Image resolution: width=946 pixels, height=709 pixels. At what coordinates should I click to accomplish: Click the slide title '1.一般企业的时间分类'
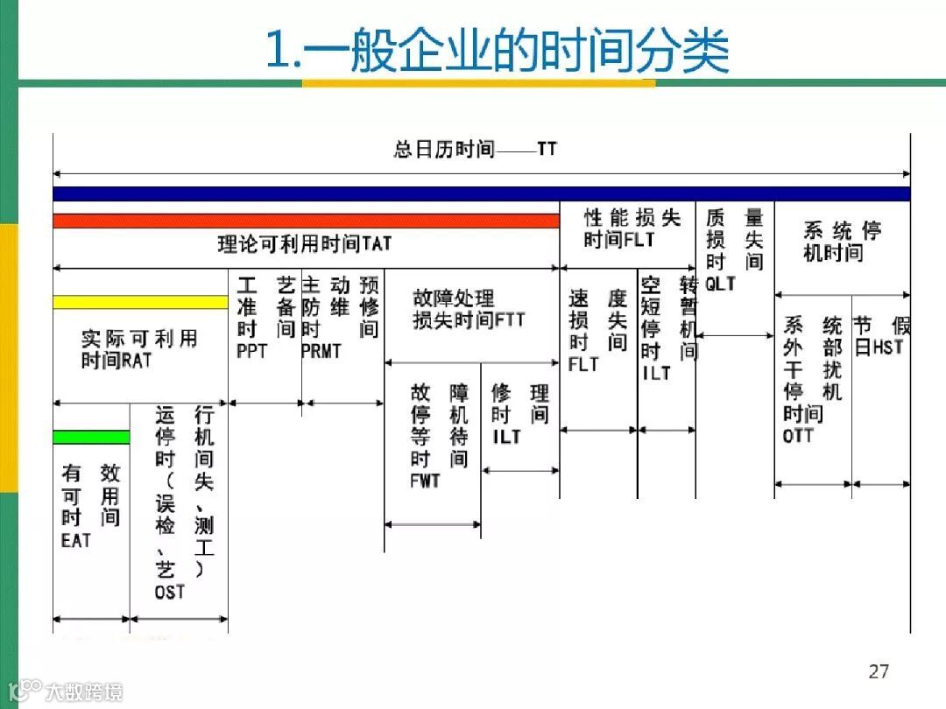tap(497, 50)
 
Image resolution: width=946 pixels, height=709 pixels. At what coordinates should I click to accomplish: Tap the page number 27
tap(879, 671)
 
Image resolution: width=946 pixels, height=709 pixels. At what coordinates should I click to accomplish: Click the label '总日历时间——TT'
tap(475, 149)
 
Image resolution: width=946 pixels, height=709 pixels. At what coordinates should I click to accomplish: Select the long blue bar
tap(482, 193)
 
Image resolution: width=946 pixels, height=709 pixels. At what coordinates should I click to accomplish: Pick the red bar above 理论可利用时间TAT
tap(306, 221)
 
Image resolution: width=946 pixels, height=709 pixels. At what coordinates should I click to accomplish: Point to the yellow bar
tap(140, 302)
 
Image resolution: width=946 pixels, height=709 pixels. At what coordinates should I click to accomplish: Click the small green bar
tap(91, 437)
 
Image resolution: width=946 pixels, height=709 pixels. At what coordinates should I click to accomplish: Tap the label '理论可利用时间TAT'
tap(304, 243)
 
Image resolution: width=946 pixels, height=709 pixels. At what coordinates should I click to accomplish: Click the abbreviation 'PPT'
tap(251, 351)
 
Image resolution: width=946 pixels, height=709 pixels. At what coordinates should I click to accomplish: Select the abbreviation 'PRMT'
tap(321, 351)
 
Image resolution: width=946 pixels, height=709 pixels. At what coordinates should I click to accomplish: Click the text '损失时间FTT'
tap(469, 320)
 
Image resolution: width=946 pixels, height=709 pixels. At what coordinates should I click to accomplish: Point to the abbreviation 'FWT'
tap(425, 481)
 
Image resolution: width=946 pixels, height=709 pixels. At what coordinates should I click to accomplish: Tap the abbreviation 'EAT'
tap(76, 540)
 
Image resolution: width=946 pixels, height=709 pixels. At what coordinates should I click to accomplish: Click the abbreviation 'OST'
tap(170, 592)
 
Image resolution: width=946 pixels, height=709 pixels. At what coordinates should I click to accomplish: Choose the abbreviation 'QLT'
tap(720, 284)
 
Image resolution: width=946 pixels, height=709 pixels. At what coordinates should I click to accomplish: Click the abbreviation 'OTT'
tap(798, 434)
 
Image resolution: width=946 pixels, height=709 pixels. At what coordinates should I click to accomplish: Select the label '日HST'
tap(879, 347)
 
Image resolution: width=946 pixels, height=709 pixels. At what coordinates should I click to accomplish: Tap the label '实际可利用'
tap(139, 339)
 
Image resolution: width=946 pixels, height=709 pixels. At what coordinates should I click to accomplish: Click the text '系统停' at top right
tap(842, 231)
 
